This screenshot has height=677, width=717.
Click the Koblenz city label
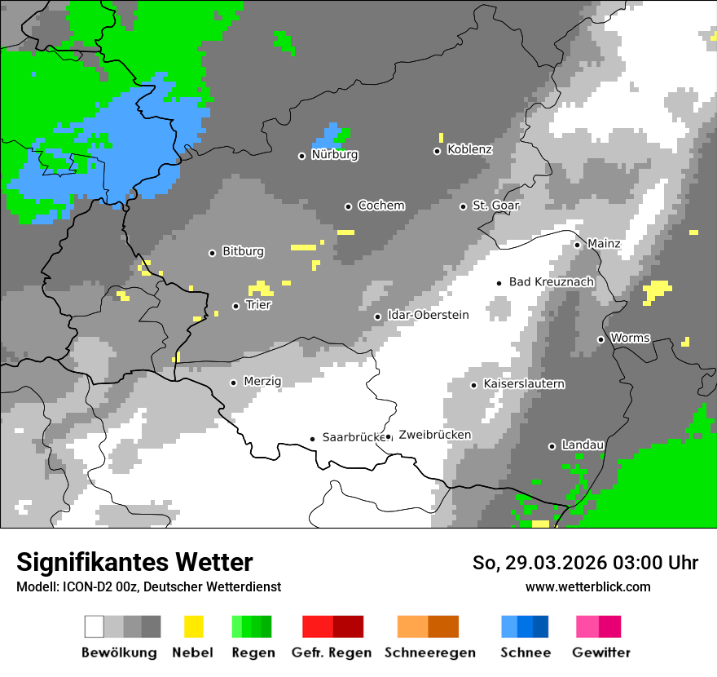pos(469,150)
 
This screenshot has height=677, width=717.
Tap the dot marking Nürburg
pos(301,156)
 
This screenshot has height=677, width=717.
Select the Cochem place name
pos(381,206)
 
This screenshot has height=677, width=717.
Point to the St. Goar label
pos(495,206)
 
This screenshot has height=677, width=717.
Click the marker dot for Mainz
pos(577,245)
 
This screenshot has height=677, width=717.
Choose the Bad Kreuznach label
pos(551,281)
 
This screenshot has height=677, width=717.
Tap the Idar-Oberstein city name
pos(428,315)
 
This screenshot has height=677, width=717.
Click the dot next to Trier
pos(235,307)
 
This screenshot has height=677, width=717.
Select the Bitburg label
pos(243,252)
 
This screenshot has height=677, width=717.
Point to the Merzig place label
pos(262,381)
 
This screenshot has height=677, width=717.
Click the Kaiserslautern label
pos(524,383)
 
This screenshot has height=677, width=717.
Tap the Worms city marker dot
pos(600,339)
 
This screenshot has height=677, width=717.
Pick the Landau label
pos(583,445)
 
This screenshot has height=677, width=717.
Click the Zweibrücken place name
pos(434,435)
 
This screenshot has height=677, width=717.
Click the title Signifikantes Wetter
pos(134,562)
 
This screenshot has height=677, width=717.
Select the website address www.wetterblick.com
pos(587,586)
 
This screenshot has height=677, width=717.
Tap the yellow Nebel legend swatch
pos(193,626)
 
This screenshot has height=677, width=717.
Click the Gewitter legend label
pos(601,653)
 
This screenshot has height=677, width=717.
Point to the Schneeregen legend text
pos(429,653)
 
